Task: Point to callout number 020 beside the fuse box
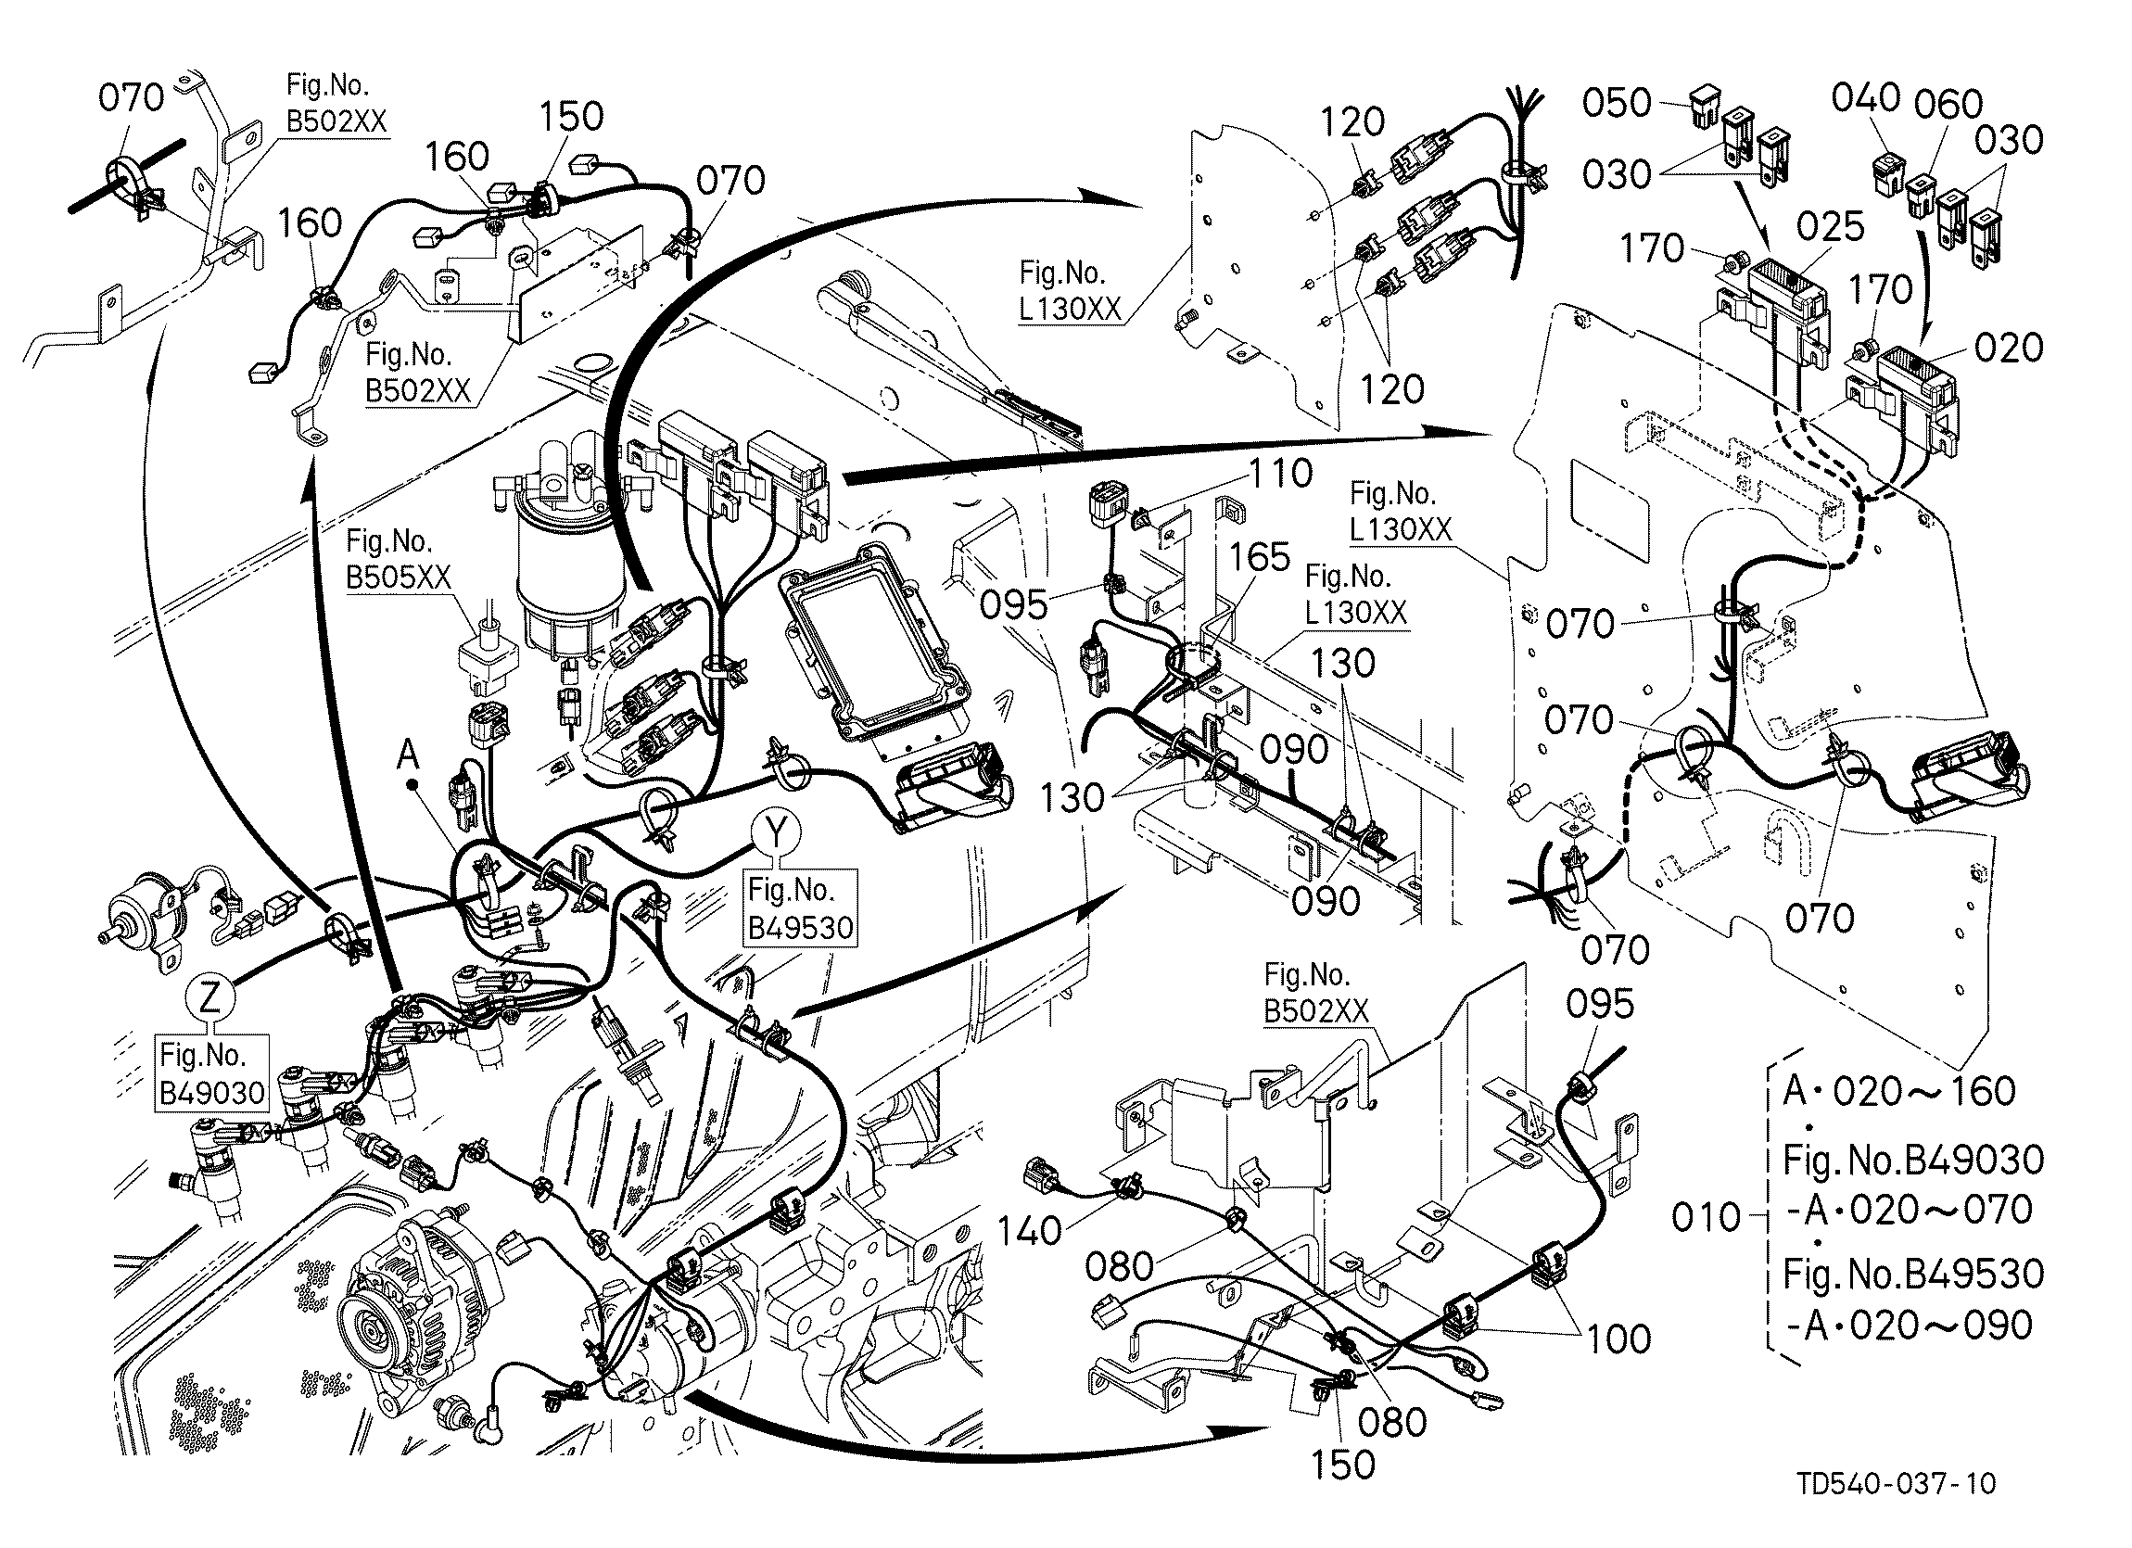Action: click(2009, 348)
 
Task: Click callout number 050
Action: click(1617, 103)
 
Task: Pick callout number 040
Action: click(1866, 96)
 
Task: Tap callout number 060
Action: click(1948, 105)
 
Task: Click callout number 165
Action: click(1260, 556)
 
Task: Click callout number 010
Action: click(1707, 1218)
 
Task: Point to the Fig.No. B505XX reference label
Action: click(400, 559)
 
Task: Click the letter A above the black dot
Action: click(408, 752)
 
